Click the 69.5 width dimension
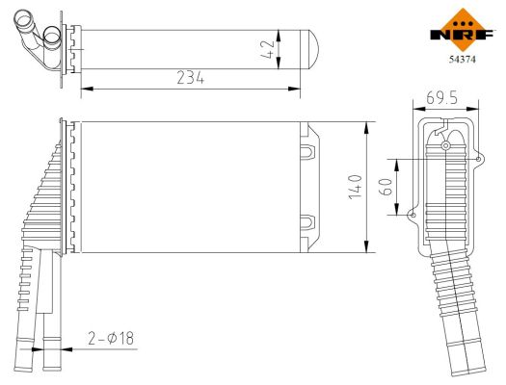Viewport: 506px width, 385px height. click(x=440, y=99)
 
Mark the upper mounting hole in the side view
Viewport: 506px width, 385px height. click(x=446, y=145)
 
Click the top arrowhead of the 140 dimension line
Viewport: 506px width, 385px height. click(x=369, y=126)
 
